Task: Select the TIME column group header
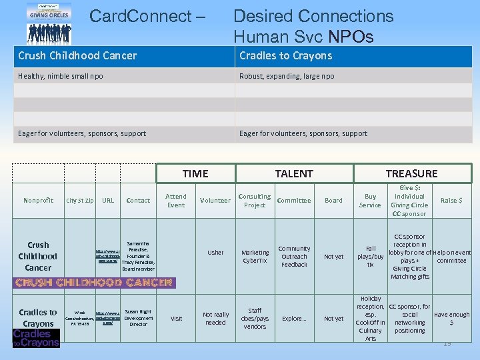(x=195, y=173)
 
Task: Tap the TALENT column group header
(x=294, y=173)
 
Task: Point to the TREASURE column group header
(x=411, y=173)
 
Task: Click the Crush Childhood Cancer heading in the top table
(x=77, y=56)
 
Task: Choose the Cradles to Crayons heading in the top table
(x=285, y=56)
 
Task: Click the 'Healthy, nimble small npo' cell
(x=61, y=76)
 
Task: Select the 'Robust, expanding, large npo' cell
(x=287, y=76)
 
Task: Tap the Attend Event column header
(x=176, y=201)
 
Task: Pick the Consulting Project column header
(x=255, y=201)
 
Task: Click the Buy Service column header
(x=370, y=201)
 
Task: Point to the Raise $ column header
(x=451, y=200)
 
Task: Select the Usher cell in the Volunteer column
(x=215, y=253)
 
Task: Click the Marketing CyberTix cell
(x=255, y=257)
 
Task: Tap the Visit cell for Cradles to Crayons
(x=176, y=319)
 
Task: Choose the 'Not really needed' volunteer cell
(x=215, y=319)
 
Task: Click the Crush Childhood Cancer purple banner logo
(x=94, y=283)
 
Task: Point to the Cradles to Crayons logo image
(x=36, y=338)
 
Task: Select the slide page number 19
(x=447, y=343)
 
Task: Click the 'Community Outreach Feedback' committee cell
(x=294, y=257)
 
